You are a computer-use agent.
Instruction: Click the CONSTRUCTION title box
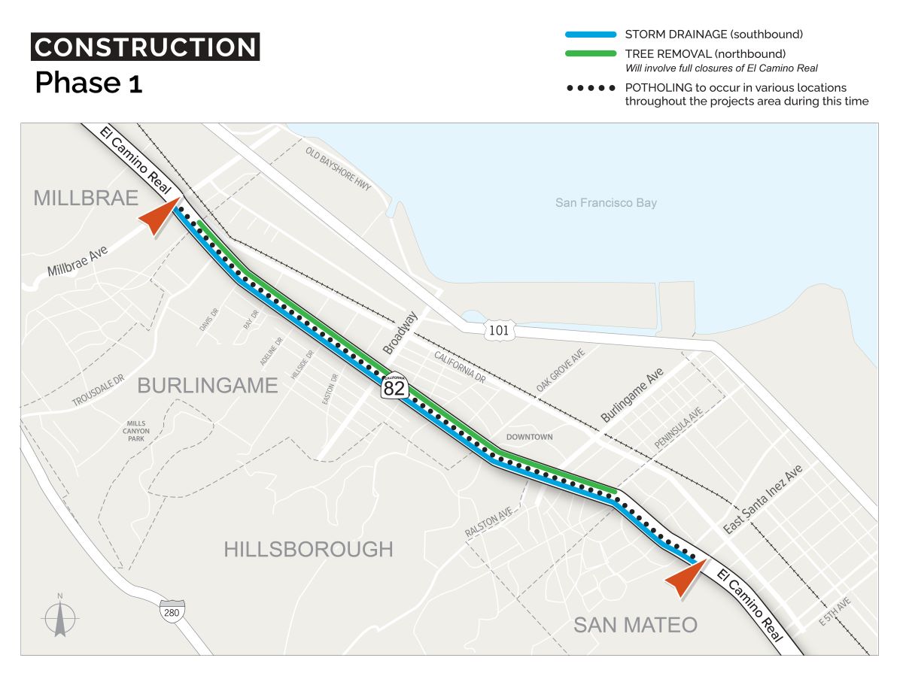click(145, 47)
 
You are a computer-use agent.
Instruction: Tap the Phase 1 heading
click(88, 83)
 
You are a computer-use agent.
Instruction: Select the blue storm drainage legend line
click(591, 35)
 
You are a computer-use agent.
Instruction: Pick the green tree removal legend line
click(591, 53)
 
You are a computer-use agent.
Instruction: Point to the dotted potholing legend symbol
click(591, 88)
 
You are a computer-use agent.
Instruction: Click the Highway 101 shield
click(499, 330)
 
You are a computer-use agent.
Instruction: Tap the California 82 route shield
click(394, 387)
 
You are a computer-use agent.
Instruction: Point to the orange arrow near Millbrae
click(158, 218)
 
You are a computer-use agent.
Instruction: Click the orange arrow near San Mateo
click(686, 577)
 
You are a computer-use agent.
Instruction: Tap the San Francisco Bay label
click(606, 202)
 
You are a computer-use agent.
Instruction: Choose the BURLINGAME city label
click(208, 386)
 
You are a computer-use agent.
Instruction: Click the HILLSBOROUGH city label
click(308, 550)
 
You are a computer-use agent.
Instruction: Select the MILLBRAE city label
click(86, 198)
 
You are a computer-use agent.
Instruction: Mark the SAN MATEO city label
click(635, 625)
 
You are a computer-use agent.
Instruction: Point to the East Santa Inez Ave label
click(763, 499)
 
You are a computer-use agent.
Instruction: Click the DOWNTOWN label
click(529, 437)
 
